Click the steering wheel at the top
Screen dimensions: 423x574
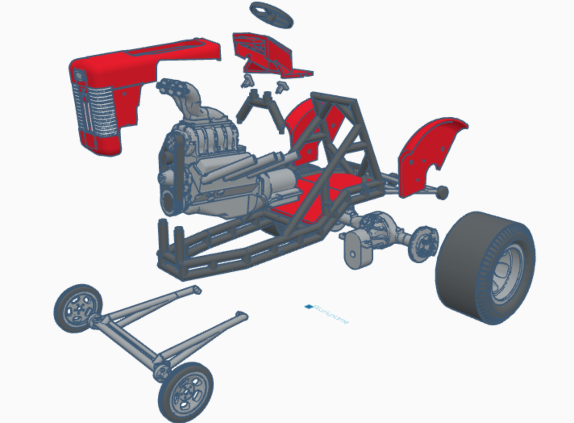pyautogui.click(x=271, y=14)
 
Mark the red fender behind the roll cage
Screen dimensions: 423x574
pyautogui.click(x=304, y=129)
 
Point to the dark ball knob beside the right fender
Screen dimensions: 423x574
pyautogui.click(x=442, y=192)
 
